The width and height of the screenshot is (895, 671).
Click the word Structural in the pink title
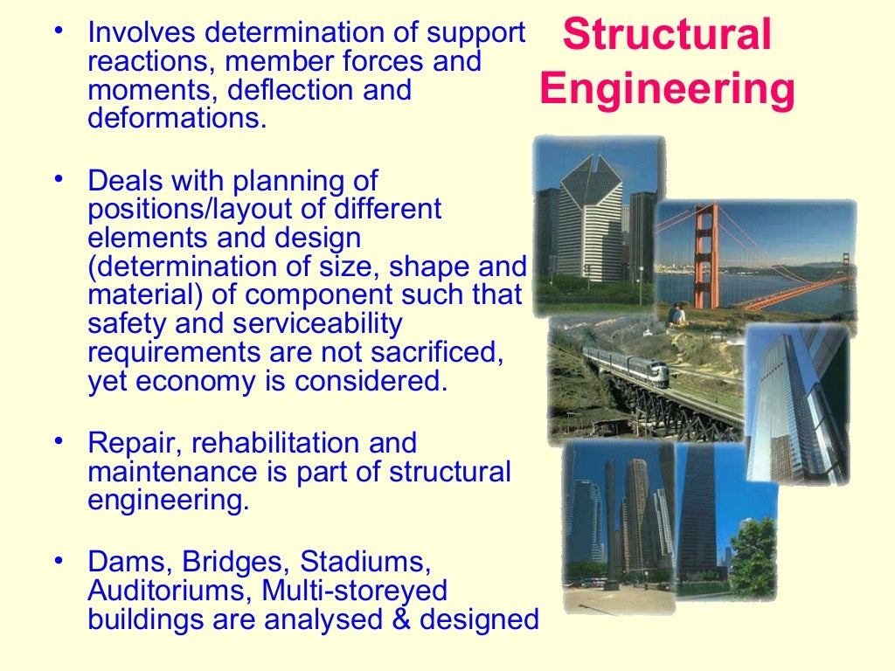667,35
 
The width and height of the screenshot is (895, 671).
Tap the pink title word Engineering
667,90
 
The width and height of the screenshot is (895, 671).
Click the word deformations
175,117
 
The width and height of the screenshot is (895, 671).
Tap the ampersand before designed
407,619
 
